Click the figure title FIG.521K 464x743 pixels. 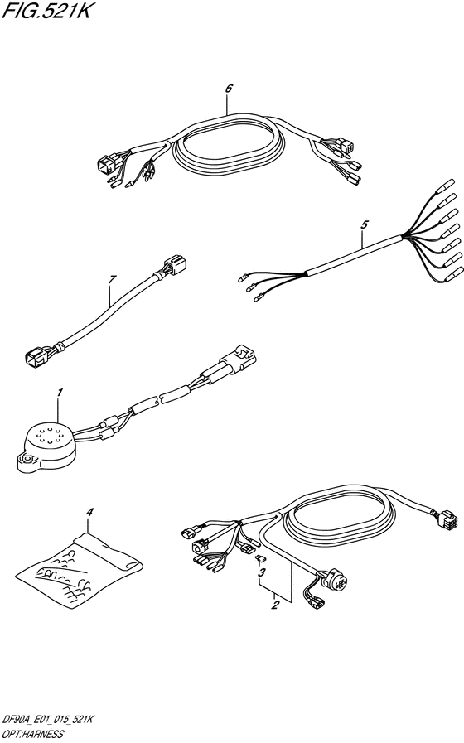point(45,11)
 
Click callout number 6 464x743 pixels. point(229,89)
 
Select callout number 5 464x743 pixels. point(364,224)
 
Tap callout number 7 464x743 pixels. point(111,280)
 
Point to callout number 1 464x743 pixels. point(60,393)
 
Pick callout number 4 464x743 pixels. point(89,512)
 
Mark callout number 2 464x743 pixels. point(274,605)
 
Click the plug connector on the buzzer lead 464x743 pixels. point(242,356)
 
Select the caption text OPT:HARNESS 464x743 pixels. point(32,734)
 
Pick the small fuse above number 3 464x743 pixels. point(259,561)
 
